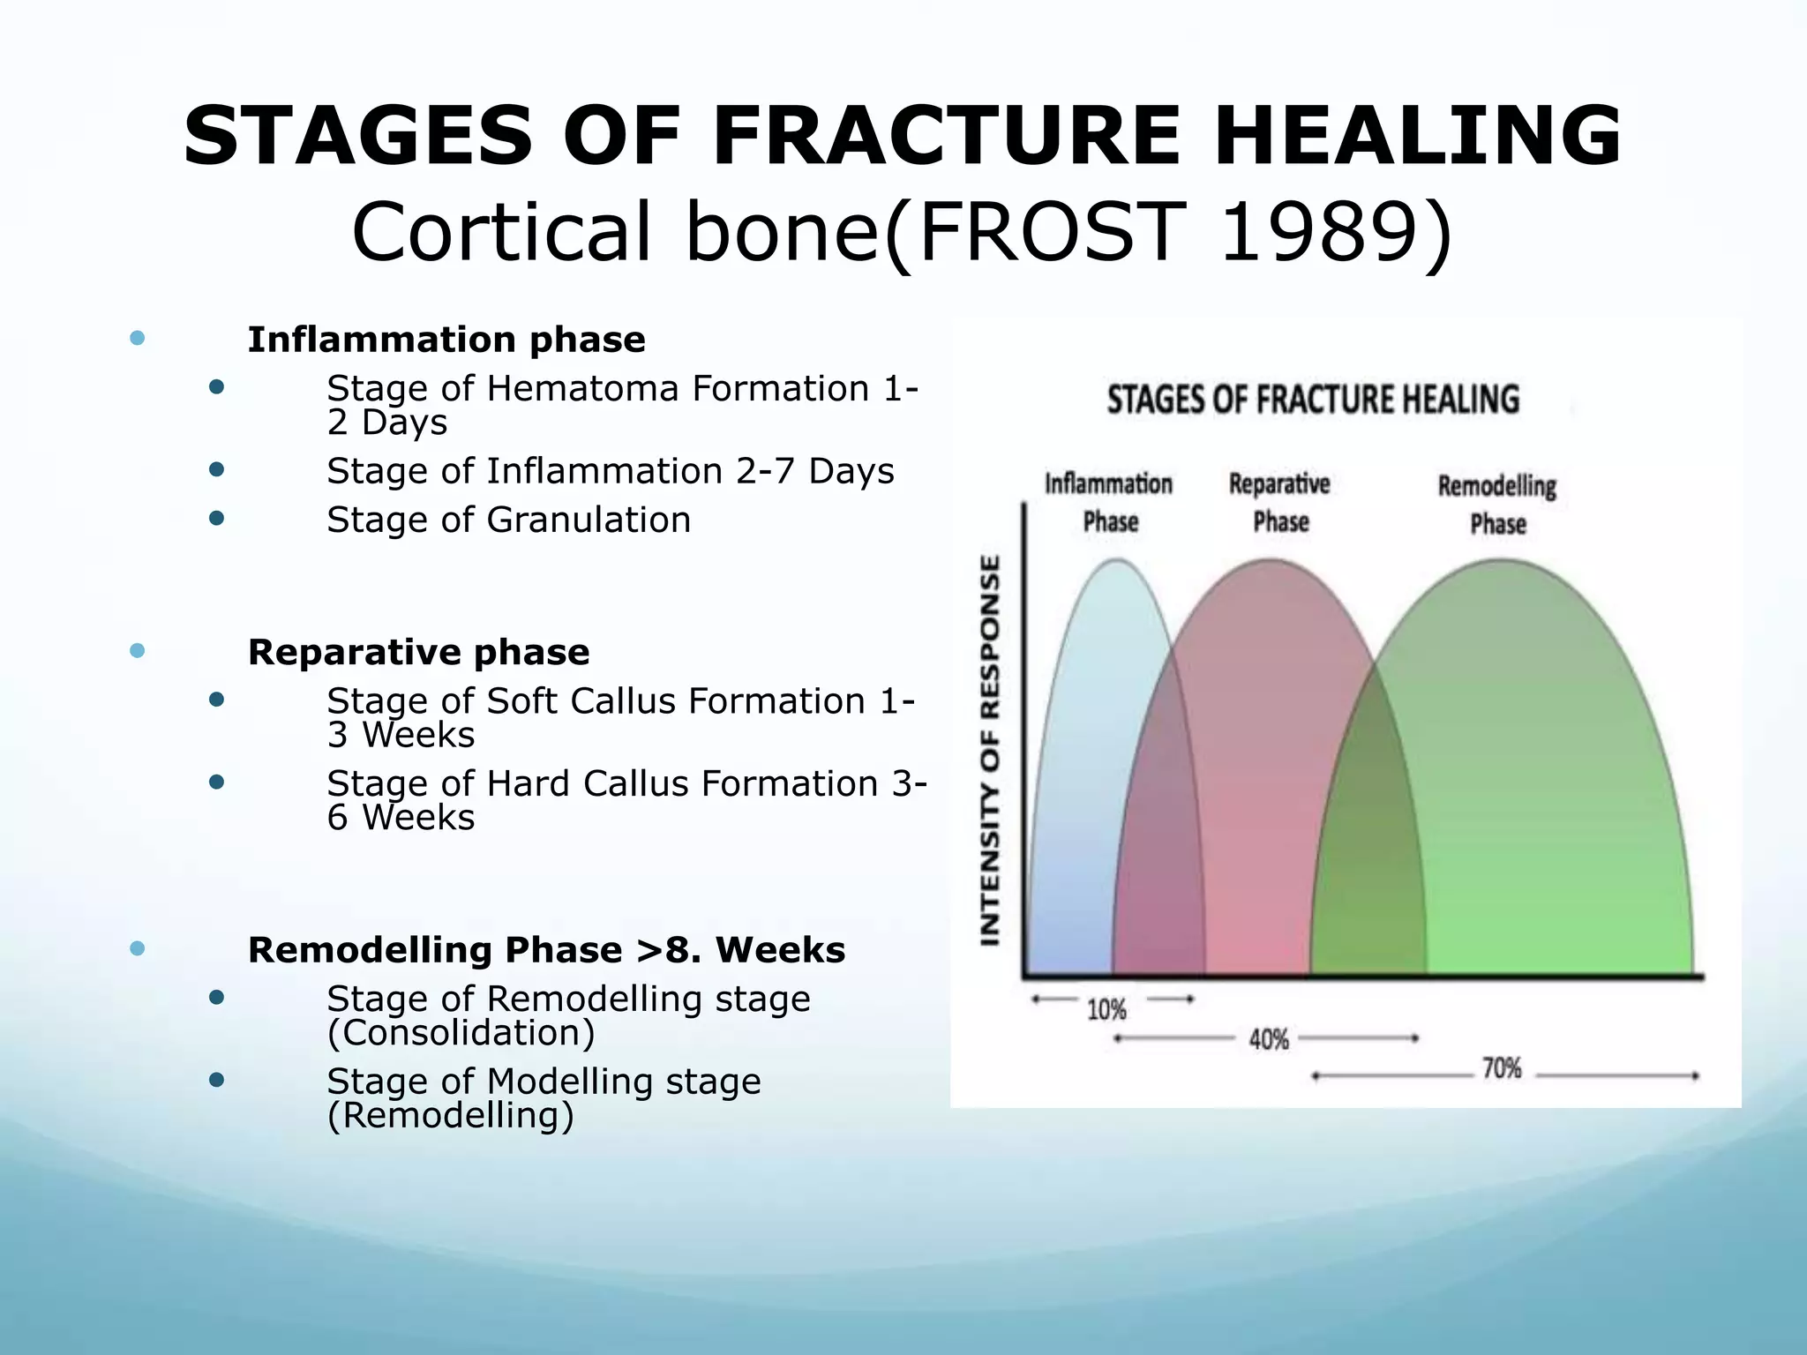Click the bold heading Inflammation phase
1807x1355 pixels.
(x=446, y=340)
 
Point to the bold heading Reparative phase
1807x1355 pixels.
(x=418, y=653)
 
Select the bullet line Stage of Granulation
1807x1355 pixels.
(x=508, y=520)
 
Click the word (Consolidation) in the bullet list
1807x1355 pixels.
(x=461, y=1033)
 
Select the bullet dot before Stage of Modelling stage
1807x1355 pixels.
(x=216, y=1080)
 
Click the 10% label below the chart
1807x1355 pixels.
(x=1106, y=1009)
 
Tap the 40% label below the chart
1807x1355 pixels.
(x=1269, y=1040)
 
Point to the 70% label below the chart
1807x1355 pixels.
(x=1502, y=1069)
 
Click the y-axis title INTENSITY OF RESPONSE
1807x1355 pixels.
(x=991, y=750)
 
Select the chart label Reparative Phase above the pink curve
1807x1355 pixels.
(x=1280, y=503)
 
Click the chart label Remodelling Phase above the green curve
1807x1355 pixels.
(x=1497, y=505)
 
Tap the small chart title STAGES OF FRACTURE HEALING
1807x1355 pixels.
(x=1313, y=400)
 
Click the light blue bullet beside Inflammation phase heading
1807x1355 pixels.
(x=137, y=338)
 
